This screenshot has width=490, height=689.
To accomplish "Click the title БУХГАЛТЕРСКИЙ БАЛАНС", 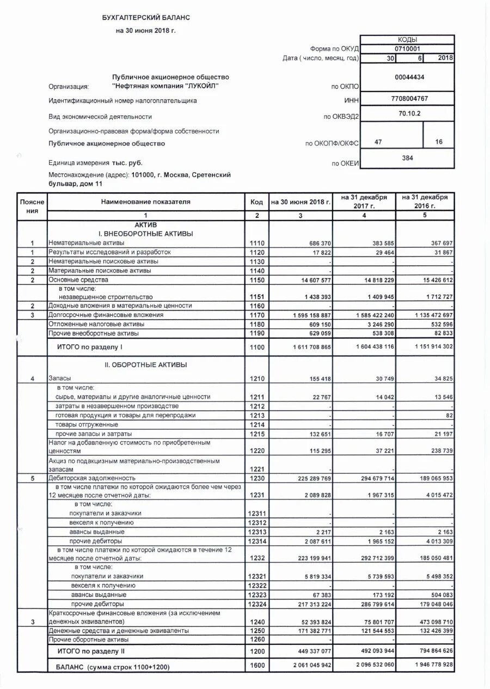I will [x=146, y=18].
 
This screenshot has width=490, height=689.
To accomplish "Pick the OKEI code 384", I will [x=407, y=158].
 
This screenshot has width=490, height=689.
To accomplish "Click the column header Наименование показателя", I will [x=146, y=202].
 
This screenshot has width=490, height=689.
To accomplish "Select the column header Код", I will [x=256, y=202].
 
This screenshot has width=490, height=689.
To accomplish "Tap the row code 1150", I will [x=256, y=280].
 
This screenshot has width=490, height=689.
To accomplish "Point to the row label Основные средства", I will [x=78, y=279].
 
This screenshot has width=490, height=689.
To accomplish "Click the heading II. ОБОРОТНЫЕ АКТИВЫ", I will [x=146, y=365].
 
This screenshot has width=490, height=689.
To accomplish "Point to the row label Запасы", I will [x=59, y=378].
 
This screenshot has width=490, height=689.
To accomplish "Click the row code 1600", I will [x=256, y=665].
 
